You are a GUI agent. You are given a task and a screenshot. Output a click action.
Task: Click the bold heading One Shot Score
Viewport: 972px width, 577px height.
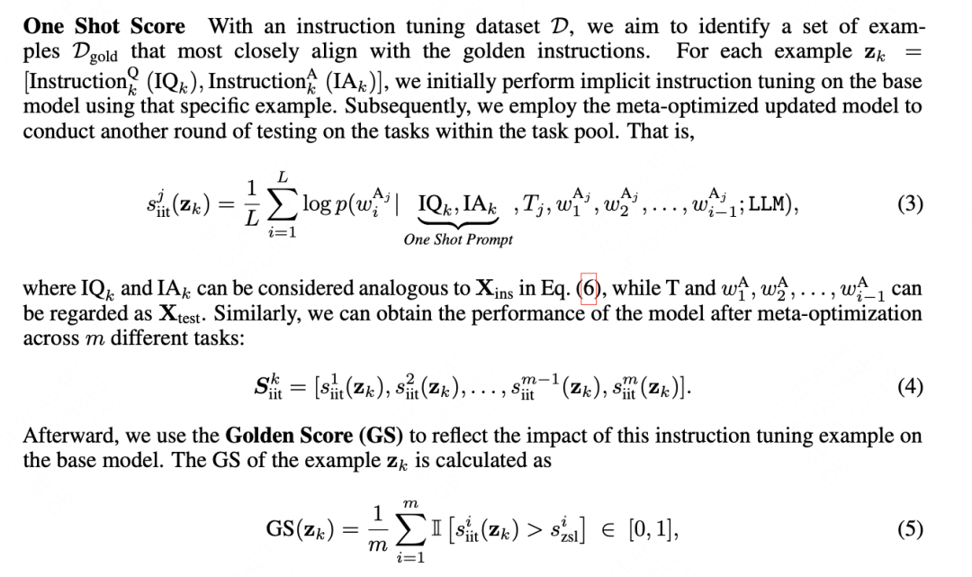(x=104, y=26)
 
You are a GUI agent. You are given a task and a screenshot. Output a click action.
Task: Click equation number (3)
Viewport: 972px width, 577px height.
(x=910, y=203)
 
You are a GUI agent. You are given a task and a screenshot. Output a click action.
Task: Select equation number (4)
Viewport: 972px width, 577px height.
(x=910, y=387)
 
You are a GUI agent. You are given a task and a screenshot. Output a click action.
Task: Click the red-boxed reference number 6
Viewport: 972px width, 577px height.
(x=589, y=289)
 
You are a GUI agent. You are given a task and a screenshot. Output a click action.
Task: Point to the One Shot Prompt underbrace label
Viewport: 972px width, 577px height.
(x=458, y=239)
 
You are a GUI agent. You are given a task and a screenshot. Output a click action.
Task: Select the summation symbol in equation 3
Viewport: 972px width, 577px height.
(x=283, y=204)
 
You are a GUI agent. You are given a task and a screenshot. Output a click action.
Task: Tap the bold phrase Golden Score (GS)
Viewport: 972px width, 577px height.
(x=314, y=435)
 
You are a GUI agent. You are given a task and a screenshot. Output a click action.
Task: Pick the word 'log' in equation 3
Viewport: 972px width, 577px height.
(x=316, y=204)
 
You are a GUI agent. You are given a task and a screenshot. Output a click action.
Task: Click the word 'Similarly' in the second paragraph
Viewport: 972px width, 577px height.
(x=257, y=313)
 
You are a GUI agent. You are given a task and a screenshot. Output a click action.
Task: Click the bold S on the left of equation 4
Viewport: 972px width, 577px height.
(x=261, y=386)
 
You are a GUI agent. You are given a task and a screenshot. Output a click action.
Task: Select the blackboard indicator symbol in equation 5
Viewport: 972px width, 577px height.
(x=437, y=528)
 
